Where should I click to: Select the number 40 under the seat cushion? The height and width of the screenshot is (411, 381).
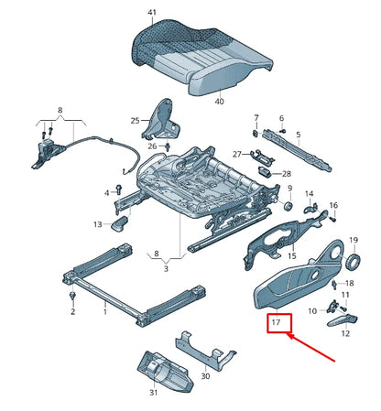219,103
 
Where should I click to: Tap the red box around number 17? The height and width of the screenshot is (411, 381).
277,323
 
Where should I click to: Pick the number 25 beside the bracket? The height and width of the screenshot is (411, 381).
135,121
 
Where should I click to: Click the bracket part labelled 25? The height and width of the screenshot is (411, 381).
162,117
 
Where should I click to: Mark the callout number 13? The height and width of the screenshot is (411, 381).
97,223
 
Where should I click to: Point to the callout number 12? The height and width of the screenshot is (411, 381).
345,334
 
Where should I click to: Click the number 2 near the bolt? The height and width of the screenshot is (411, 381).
72,311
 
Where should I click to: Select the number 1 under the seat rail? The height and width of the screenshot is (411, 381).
103,311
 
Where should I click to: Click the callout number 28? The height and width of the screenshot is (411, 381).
287,173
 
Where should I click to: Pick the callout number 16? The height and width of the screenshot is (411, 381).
333,205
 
